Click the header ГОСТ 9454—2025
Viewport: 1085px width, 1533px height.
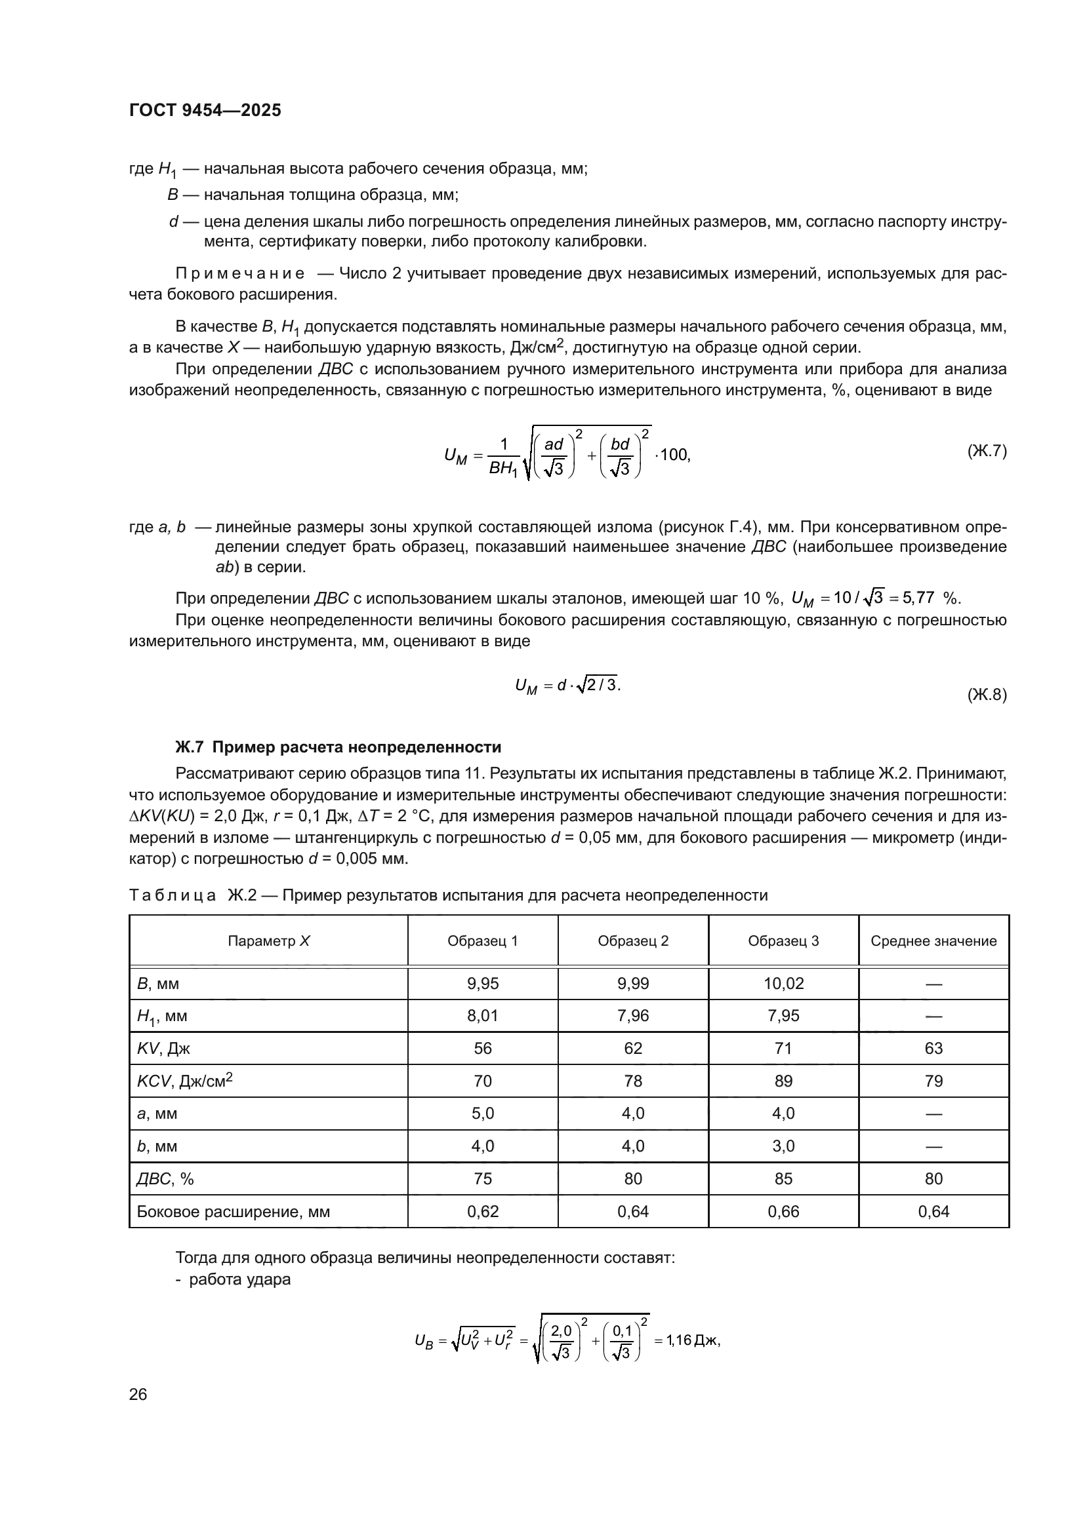205,110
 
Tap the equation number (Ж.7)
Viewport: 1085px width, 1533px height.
986,451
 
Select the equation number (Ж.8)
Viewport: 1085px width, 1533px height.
986,695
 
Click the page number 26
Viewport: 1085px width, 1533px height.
138,1394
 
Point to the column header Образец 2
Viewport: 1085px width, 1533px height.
632,941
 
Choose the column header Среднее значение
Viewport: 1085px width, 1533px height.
933,941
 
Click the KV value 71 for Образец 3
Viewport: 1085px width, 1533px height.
783,1048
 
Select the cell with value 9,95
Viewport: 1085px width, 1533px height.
482,984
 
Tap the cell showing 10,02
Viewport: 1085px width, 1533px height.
783,984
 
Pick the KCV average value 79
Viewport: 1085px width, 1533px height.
933,1081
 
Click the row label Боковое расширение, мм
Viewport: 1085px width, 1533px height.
233,1211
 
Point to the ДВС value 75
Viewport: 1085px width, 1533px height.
482,1178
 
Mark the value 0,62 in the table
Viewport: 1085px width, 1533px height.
482,1211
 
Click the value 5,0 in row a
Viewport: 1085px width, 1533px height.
482,1113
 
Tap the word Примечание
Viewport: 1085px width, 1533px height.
240,274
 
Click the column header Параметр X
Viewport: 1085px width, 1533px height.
268,941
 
